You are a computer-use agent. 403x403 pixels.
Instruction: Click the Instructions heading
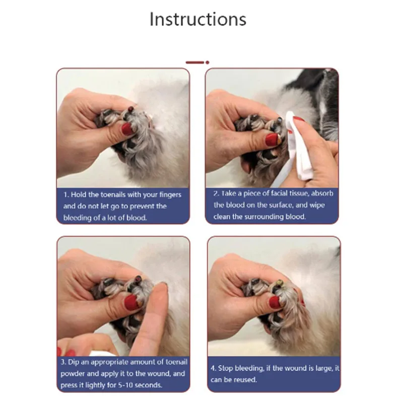pos(198,19)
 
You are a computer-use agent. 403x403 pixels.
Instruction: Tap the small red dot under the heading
pos(208,62)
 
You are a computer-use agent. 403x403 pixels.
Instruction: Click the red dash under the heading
pos(195,62)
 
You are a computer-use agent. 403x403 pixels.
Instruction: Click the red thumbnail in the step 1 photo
pos(128,129)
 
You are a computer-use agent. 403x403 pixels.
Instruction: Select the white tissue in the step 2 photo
pos(299,147)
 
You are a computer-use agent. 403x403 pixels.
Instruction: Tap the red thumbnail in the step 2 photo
pos(272,140)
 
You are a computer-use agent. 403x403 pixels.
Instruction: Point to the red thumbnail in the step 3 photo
pos(131,303)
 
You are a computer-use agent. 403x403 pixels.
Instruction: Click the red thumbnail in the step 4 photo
pos(275,302)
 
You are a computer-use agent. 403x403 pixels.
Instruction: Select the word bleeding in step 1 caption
pos(77,218)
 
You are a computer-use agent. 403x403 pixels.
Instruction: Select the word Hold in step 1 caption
pos(79,194)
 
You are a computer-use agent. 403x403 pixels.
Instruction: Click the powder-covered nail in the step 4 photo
pos(280,284)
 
